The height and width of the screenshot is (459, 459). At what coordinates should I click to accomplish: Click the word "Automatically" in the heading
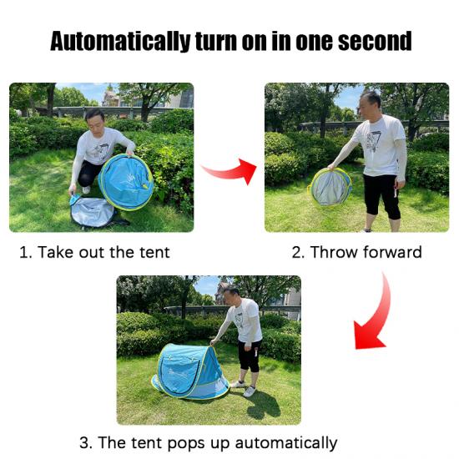pos(120,42)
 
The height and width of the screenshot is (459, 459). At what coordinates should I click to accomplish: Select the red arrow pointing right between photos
pos(229,170)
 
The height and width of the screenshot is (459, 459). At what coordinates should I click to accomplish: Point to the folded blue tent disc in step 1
pos(126,182)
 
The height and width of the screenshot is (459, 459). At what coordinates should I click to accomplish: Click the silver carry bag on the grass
pos(92,211)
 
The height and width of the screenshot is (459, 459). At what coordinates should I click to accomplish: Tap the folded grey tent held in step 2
pos(330,187)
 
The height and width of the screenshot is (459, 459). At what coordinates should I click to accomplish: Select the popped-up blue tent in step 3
pos(189,371)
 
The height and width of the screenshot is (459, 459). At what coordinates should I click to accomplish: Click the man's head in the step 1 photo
pos(95,120)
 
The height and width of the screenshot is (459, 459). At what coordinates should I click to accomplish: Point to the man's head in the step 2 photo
pos(369,103)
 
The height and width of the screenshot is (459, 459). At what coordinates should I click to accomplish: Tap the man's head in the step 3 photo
pos(231,295)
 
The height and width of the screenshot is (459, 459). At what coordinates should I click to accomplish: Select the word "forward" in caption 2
pos(392,252)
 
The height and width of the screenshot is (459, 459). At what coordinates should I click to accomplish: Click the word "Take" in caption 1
pos(55,252)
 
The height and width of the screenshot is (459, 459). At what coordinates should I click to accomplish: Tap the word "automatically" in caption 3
pos(286,443)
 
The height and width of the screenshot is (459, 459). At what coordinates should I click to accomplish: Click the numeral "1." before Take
pos(26,252)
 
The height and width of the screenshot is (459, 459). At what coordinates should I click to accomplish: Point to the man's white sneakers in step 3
pos(244,388)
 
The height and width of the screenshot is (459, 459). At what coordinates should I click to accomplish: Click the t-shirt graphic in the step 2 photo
pos(373,140)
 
